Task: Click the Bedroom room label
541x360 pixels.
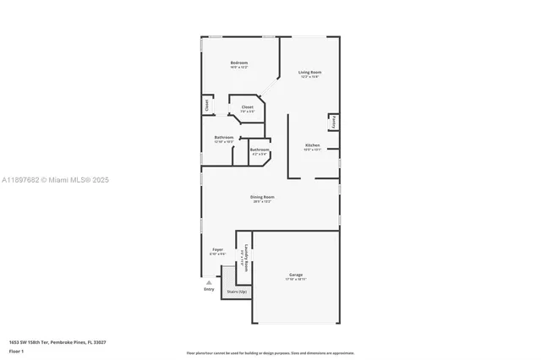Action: [240, 63]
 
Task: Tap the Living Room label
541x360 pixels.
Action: [309, 72]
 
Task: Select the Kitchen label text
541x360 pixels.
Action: [312, 145]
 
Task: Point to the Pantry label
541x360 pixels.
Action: [335, 122]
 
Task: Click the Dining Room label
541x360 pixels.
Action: [262, 197]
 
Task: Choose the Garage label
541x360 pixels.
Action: [296, 275]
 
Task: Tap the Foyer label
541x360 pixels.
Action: [217, 249]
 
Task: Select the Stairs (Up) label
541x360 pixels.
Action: [237, 292]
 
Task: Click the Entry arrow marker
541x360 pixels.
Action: [209, 282]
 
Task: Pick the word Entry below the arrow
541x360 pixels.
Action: [209, 290]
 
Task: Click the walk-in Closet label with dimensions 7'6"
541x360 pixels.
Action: [248, 107]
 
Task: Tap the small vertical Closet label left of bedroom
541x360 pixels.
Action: [206, 105]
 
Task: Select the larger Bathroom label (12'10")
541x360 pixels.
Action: [224, 137]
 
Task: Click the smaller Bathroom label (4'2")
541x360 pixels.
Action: [259, 150]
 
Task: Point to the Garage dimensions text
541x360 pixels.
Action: [296, 279]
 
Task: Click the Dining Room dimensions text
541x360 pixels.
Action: [262, 201]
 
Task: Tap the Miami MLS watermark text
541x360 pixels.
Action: [56, 180]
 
